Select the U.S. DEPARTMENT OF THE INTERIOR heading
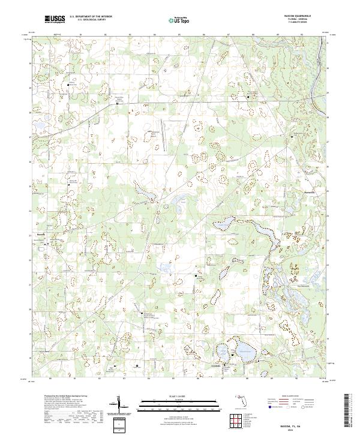tap(90, 17)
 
